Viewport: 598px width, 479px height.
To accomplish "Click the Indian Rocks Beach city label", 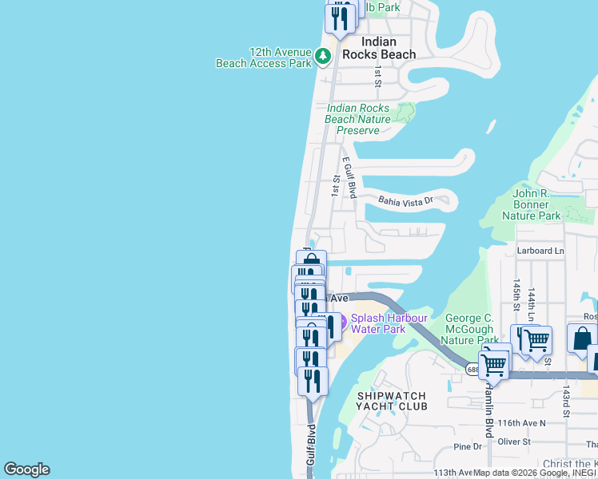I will (379, 48).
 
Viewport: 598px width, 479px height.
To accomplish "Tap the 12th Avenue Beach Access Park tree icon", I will (322, 56).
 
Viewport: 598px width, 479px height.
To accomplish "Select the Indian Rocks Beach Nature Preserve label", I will (358, 119).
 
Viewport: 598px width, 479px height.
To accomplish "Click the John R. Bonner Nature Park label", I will (536, 204).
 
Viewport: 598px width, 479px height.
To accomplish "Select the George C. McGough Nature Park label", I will (472, 328).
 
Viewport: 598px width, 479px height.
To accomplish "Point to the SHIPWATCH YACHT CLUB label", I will (393, 401).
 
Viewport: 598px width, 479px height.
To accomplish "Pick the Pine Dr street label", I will (467, 447).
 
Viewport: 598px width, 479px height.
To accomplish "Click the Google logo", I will (26, 469).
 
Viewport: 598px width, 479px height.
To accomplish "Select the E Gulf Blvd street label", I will (349, 177).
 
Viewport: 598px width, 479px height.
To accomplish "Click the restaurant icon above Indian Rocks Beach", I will (340, 18).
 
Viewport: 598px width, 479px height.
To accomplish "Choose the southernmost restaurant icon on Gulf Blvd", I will (313, 381).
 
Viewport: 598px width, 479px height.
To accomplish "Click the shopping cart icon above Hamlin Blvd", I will (493, 365).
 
